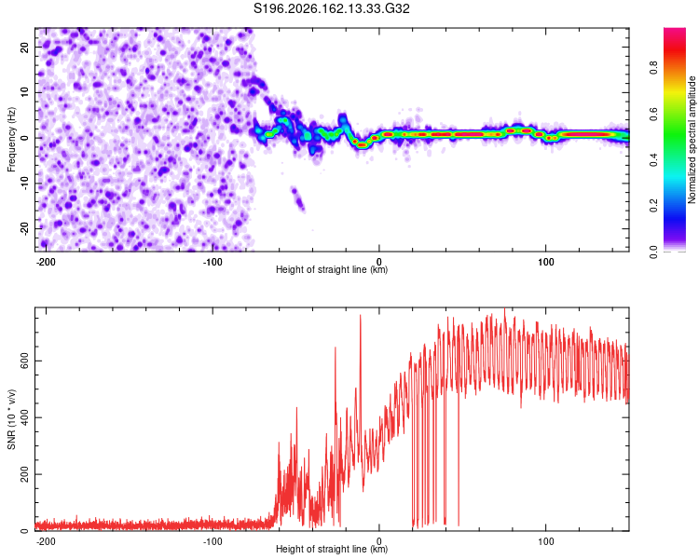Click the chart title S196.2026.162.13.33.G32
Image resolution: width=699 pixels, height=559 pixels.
click(331, 9)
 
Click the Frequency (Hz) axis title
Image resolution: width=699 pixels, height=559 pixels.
click(11, 139)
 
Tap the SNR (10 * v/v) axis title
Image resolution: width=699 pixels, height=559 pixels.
click(11, 419)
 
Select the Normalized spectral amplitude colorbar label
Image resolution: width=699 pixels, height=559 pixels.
click(692, 140)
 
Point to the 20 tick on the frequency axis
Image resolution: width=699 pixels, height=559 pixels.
click(24, 47)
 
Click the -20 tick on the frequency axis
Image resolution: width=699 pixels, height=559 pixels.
click(24, 228)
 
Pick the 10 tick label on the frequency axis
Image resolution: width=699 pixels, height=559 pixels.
click(24, 92)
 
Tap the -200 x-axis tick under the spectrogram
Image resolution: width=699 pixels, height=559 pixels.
click(46, 262)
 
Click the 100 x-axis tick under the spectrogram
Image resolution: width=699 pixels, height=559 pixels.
click(545, 262)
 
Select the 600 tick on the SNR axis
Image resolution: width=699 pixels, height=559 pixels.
click(24, 361)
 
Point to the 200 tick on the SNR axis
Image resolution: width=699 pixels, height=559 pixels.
click(24, 474)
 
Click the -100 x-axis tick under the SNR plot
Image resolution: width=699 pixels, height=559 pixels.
click(212, 541)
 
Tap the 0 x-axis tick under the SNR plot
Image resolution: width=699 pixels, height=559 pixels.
click(379, 541)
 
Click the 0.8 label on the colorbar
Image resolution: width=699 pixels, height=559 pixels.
click(654, 68)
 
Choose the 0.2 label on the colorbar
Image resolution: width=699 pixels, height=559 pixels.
click(654, 206)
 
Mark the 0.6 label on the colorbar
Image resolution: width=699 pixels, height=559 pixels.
click(654, 114)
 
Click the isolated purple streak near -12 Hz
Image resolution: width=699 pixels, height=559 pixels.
click(298, 198)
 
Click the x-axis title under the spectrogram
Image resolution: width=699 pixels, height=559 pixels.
click(332, 269)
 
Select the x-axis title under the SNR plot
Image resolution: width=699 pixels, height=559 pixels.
click(332, 549)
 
